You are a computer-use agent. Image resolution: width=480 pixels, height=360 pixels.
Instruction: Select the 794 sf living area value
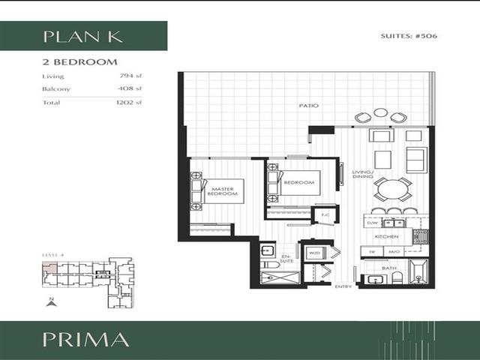[130, 76]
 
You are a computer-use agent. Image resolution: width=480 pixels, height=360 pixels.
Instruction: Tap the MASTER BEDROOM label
[224, 192]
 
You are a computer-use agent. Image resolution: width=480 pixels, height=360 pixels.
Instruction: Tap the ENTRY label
[343, 286]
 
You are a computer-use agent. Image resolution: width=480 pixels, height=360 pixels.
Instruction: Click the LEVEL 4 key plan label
[53, 256]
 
